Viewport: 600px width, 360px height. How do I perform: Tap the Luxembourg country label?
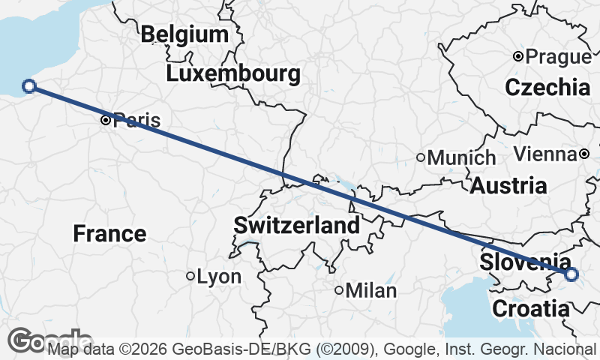pyautogui.click(x=233, y=74)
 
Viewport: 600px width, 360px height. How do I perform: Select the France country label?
pyautogui.click(x=109, y=233)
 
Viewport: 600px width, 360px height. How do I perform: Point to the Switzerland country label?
pyautogui.click(x=296, y=225)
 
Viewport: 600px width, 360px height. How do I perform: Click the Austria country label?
pyautogui.click(x=508, y=186)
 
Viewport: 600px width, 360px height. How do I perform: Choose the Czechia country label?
pyautogui.click(x=547, y=87)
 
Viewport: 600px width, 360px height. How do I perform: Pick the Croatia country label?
pyautogui.click(x=530, y=308)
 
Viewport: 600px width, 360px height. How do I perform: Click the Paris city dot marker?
pyautogui.click(x=106, y=120)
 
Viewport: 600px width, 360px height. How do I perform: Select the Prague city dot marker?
pyautogui.click(x=517, y=56)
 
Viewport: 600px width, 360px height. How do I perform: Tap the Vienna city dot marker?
pyautogui.click(x=584, y=154)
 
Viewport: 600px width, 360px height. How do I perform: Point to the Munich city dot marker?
pyautogui.click(x=421, y=157)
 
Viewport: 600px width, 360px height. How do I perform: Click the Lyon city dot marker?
pyautogui.click(x=190, y=276)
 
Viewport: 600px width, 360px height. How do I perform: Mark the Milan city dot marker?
pyautogui.click(x=339, y=290)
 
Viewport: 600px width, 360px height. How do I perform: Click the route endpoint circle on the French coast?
pyautogui.click(x=29, y=86)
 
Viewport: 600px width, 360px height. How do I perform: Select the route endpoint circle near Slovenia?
pyautogui.click(x=571, y=274)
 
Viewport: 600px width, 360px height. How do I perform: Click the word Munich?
pyautogui.click(x=461, y=158)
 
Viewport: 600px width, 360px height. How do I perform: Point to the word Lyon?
pyautogui.click(x=219, y=277)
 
